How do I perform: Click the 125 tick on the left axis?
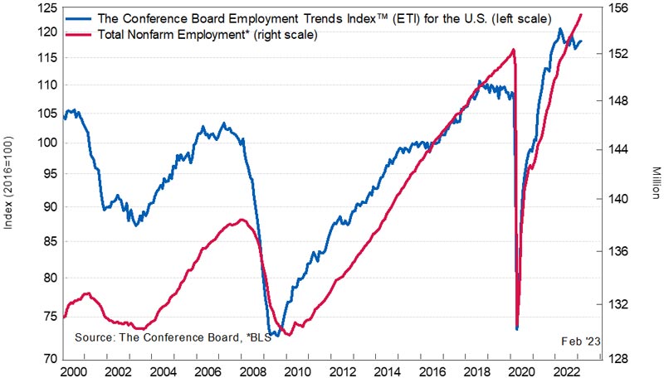click(47, 8)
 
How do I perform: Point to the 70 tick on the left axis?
click(51, 359)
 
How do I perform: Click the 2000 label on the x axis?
click(75, 371)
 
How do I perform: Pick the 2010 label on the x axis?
click(298, 371)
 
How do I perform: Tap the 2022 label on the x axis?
click(566, 371)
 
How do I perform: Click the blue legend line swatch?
click(78, 18)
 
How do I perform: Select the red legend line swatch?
click(78, 34)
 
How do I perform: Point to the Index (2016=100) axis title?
click(8, 182)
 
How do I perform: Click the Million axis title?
click(656, 183)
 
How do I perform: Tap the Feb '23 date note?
click(580, 341)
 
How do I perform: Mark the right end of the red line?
click(582, 14)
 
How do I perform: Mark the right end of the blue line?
click(582, 41)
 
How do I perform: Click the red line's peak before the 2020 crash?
click(513, 50)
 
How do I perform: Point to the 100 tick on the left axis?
click(47, 143)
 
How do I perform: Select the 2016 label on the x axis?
click(432, 371)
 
